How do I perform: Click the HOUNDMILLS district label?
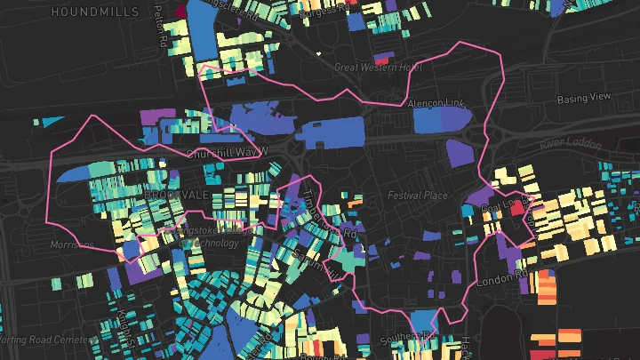(x=95, y=12)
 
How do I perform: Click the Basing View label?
(x=585, y=98)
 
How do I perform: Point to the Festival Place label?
(x=415, y=194)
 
